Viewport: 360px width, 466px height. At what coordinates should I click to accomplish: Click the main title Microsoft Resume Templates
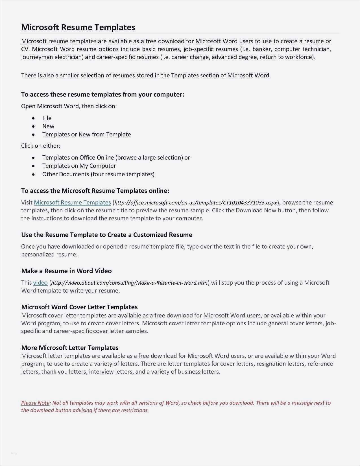[x=78, y=27]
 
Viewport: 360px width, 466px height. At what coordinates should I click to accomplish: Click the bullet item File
[x=47, y=118]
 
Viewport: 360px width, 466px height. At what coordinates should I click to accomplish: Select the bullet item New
[x=48, y=126]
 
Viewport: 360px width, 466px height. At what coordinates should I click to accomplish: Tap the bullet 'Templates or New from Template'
[x=86, y=134]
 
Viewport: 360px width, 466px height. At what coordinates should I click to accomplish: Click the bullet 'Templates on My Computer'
[x=79, y=166]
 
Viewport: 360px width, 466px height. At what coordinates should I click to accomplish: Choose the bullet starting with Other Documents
[x=98, y=174]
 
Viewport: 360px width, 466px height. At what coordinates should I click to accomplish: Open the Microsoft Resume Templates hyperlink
[x=72, y=202]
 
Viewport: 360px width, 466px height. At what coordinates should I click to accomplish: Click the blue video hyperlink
[x=40, y=283]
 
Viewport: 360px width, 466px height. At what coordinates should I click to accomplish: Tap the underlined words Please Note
[x=35, y=403]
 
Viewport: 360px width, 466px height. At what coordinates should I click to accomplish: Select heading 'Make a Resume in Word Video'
[x=66, y=271]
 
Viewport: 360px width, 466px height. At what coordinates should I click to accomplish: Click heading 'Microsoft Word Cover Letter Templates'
[x=79, y=307]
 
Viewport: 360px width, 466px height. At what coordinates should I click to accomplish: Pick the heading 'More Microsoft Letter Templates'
[x=70, y=348]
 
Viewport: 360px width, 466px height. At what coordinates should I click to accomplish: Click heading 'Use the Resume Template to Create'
[x=106, y=235]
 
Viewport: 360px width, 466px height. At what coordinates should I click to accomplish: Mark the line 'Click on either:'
[x=41, y=146]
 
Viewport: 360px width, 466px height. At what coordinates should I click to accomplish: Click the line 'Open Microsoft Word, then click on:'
[x=69, y=106]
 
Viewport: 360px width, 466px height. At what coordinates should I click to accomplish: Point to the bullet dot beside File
[x=34, y=118]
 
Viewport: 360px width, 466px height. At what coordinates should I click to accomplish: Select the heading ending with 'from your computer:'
[x=102, y=94]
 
